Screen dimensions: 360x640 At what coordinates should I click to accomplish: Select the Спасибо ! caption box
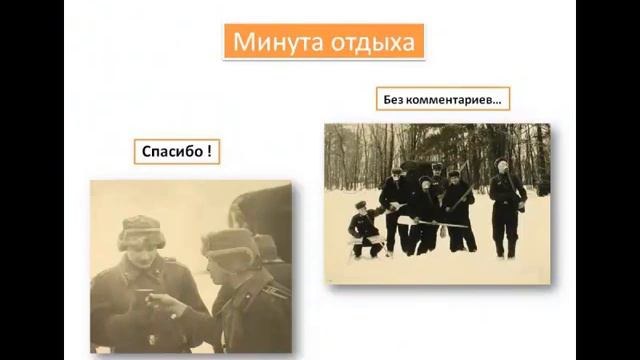pyautogui.click(x=176, y=152)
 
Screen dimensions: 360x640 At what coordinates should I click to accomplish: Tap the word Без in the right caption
pyautogui.click(x=395, y=99)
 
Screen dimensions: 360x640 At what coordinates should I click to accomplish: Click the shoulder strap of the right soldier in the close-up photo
pyautogui.click(x=272, y=290)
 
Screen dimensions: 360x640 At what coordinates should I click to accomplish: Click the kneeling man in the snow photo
pyautogui.click(x=364, y=231)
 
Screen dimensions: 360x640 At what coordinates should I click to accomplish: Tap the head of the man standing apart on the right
pyautogui.click(x=502, y=166)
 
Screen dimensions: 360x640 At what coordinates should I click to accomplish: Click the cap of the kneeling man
pyautogui.click(x=360, y=205)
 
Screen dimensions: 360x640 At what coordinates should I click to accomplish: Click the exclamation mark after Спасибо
pyautogui.click(x=208, y=152)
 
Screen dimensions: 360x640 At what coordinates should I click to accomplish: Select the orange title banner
pyautogui.click(x=323, y=43)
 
